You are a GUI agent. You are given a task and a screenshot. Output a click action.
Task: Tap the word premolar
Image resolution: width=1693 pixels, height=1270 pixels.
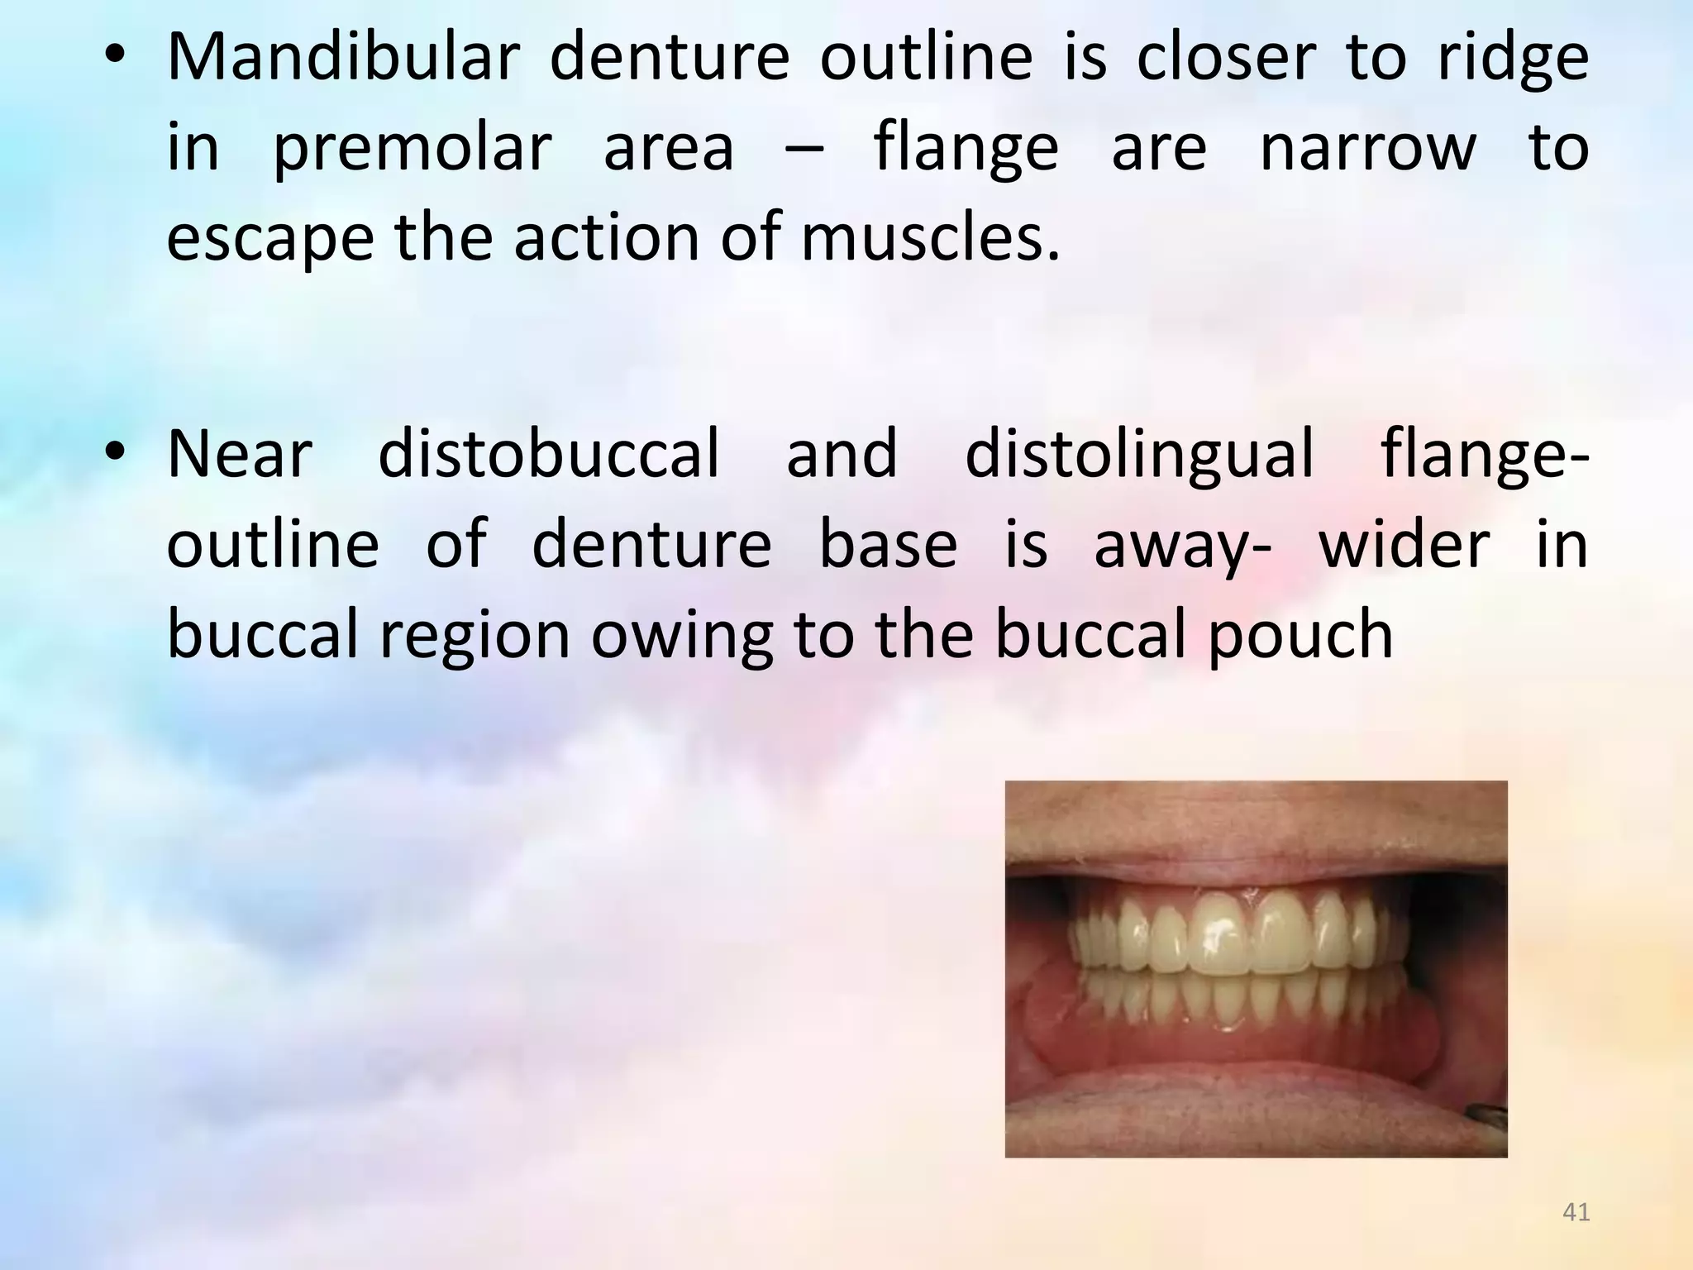click(x=412, y=149)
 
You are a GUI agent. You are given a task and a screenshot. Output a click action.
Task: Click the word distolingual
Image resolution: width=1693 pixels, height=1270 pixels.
click(x=1139, y=455)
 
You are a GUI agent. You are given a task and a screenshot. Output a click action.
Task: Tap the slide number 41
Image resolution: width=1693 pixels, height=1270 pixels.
click(x=1576, y=1212)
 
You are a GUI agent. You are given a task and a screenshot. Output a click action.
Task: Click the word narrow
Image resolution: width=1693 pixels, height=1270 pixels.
click(x=1367, y=149)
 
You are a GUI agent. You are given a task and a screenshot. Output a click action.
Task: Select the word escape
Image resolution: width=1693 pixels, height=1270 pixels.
click(x=270, y=240)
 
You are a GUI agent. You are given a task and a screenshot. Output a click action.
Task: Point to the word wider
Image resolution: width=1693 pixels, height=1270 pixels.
click(x=1404, y=544)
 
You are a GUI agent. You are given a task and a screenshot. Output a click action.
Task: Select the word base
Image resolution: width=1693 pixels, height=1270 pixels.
click(x=888, y=544)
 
